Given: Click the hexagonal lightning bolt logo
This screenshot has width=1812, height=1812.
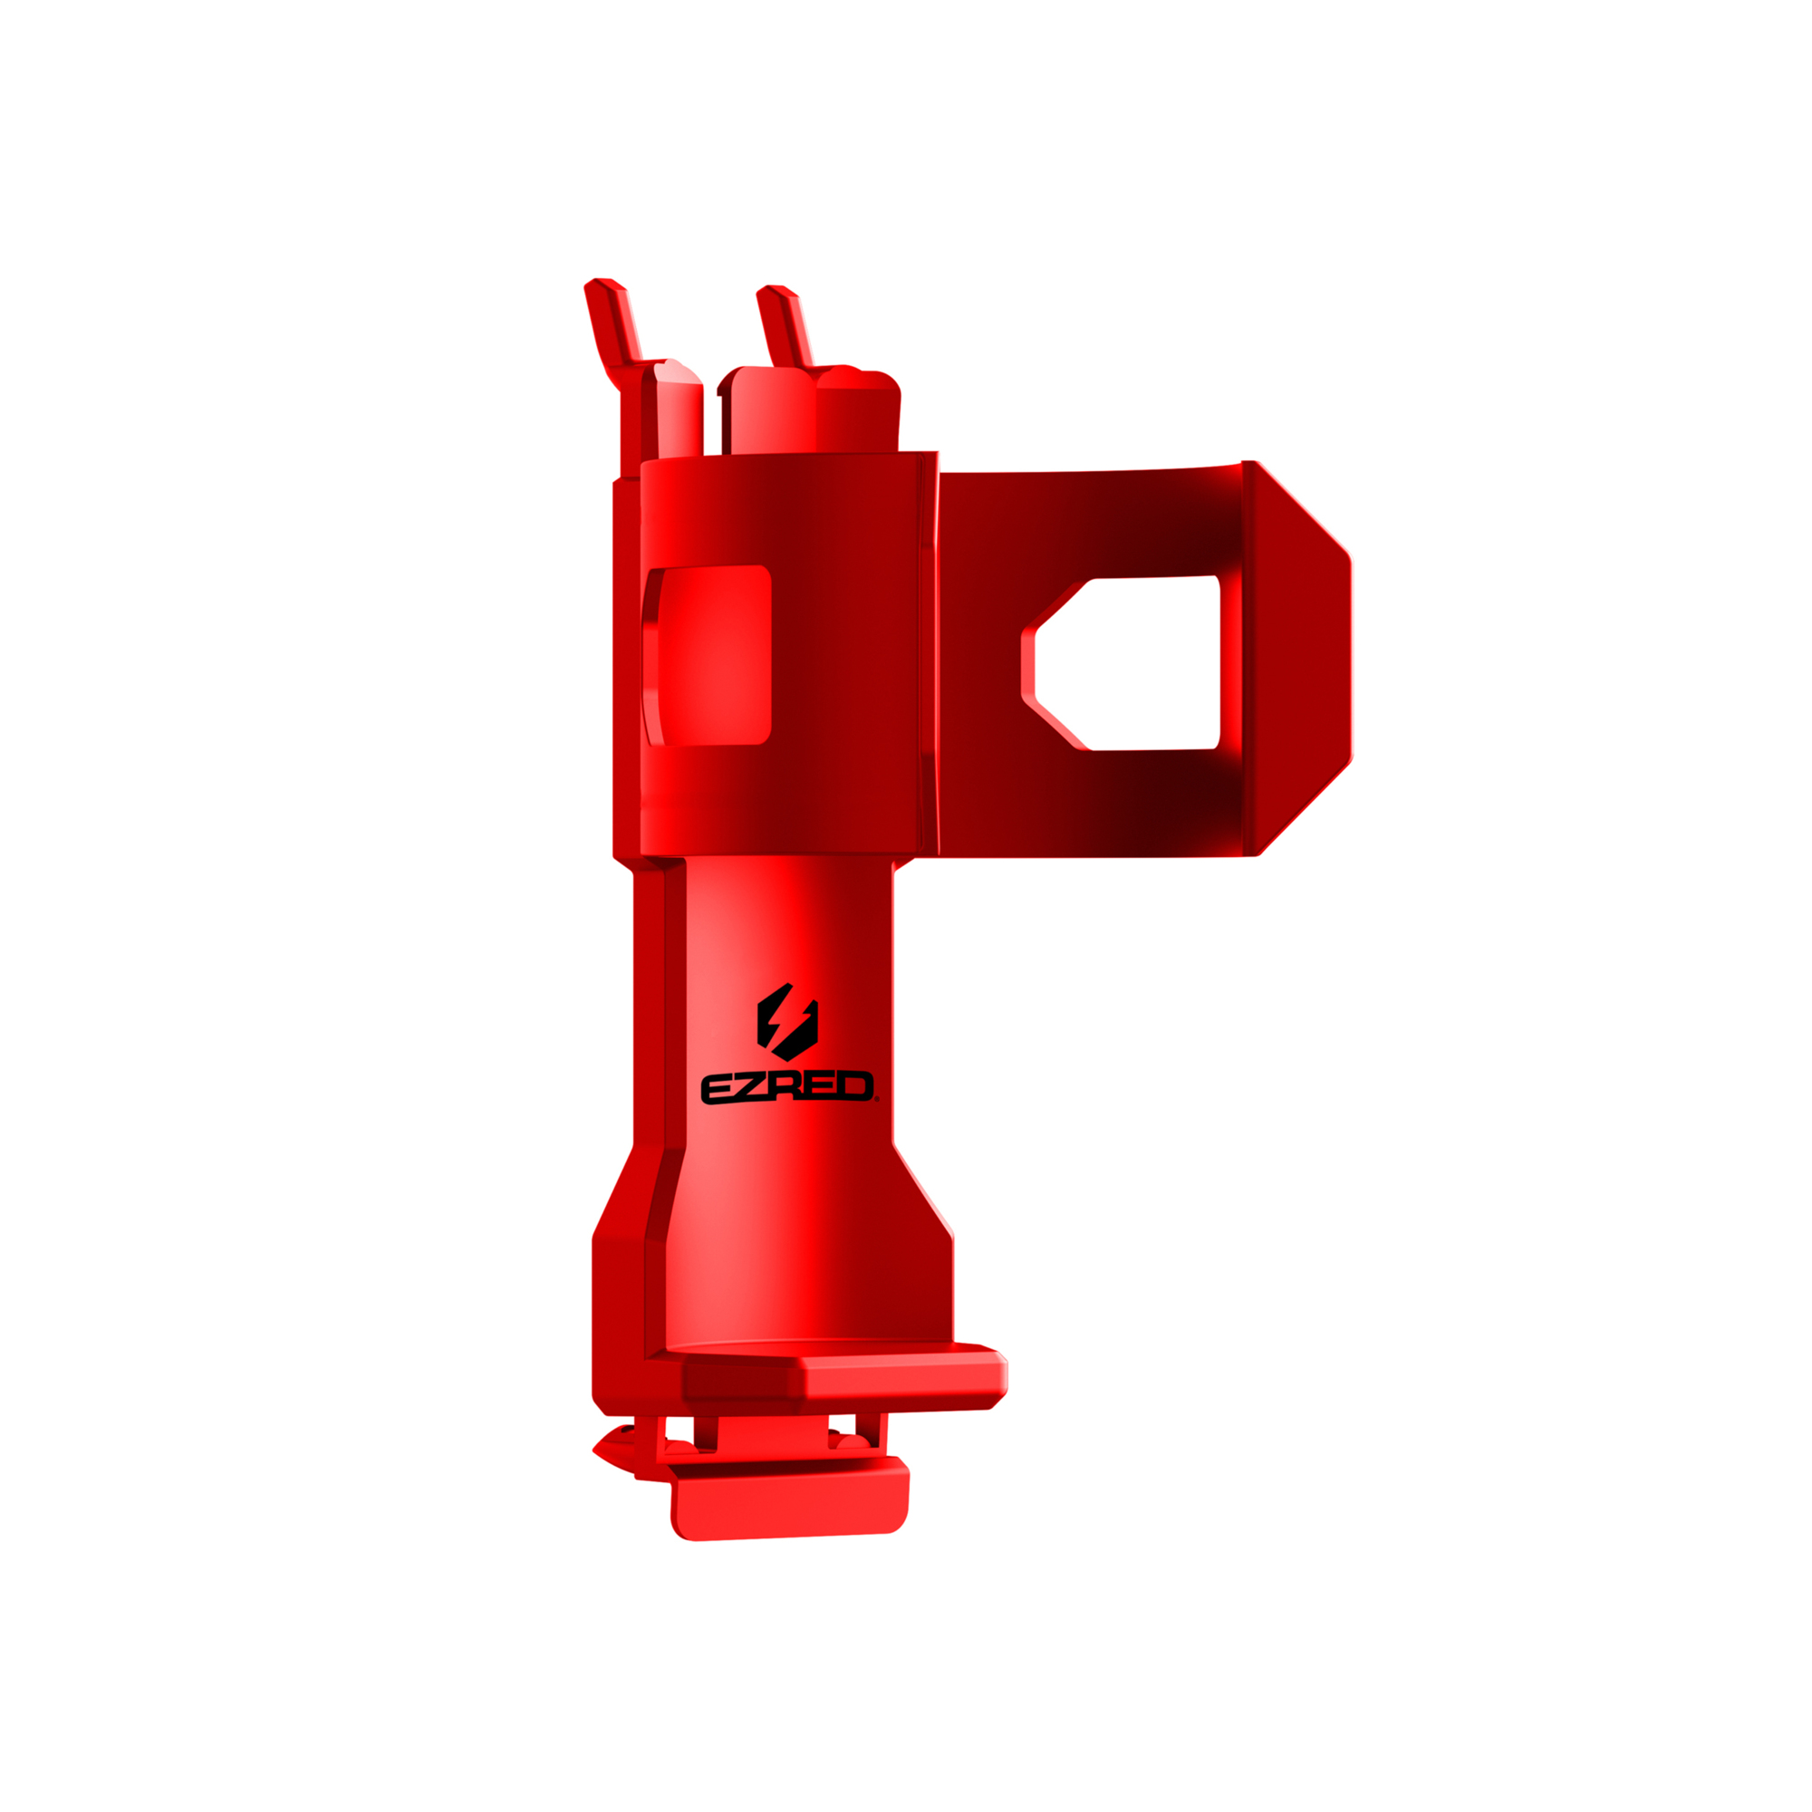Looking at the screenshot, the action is [x=787, y=1021].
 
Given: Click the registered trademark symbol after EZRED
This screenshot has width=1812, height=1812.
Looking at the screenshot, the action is [x=877, y=1099].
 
